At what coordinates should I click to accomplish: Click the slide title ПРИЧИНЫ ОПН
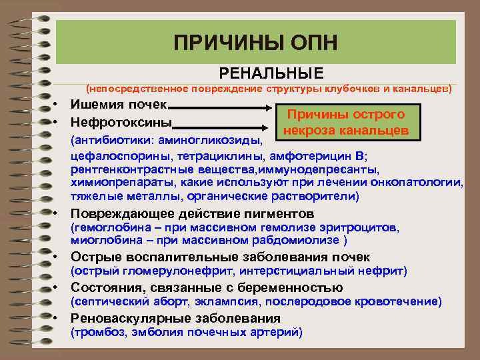point(255,43)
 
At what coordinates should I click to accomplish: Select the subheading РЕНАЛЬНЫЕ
point(271,73)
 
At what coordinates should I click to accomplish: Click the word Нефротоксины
point(121,123)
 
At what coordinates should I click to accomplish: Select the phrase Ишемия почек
point(120,105)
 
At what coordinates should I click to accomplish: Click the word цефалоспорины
point(111,156)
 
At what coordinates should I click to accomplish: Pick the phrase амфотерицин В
point(317,156)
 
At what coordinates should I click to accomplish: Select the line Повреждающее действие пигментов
point(192,214)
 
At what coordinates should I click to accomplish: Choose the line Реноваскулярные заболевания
point(166,318)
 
